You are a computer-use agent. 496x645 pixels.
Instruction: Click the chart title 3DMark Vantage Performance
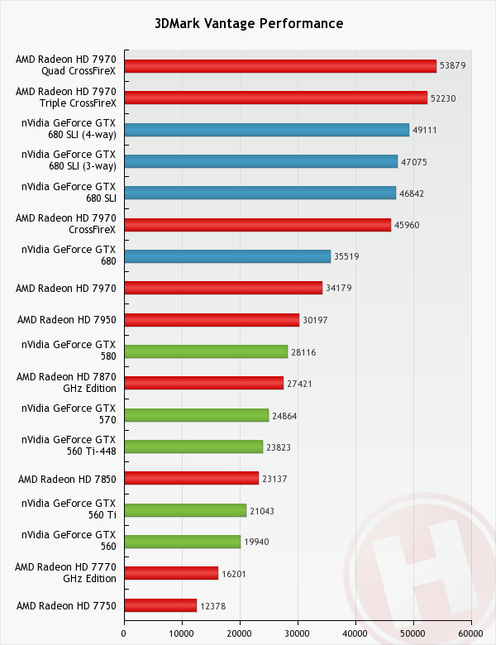pos(248,23)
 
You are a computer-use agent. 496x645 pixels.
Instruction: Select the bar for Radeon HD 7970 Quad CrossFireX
pos(280,66)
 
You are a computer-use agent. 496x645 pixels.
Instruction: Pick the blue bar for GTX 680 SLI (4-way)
pos(266,130)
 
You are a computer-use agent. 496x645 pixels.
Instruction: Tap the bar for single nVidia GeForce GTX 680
pos(227,256)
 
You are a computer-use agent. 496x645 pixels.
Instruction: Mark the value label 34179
pos(338,288)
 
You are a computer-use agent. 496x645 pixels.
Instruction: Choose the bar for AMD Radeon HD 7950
pos(212,320)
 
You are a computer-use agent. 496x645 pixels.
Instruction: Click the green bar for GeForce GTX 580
pos(206,351)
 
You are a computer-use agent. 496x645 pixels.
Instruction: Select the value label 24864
pos(284,415)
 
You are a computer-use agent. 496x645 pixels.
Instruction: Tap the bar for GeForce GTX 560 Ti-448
pos(193,447)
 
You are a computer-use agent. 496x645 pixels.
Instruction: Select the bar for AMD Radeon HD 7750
pos(160,605)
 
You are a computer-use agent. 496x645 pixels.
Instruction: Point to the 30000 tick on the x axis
pos(298,633)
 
